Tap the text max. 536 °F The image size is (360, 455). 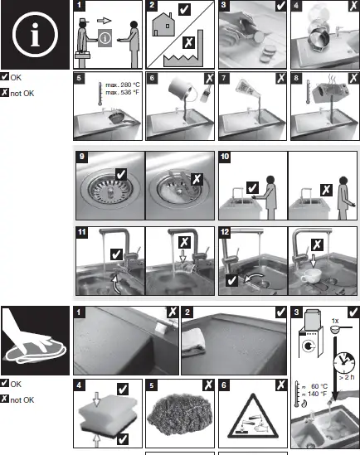coord(121,92)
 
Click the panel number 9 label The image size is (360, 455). coord(80,156)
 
